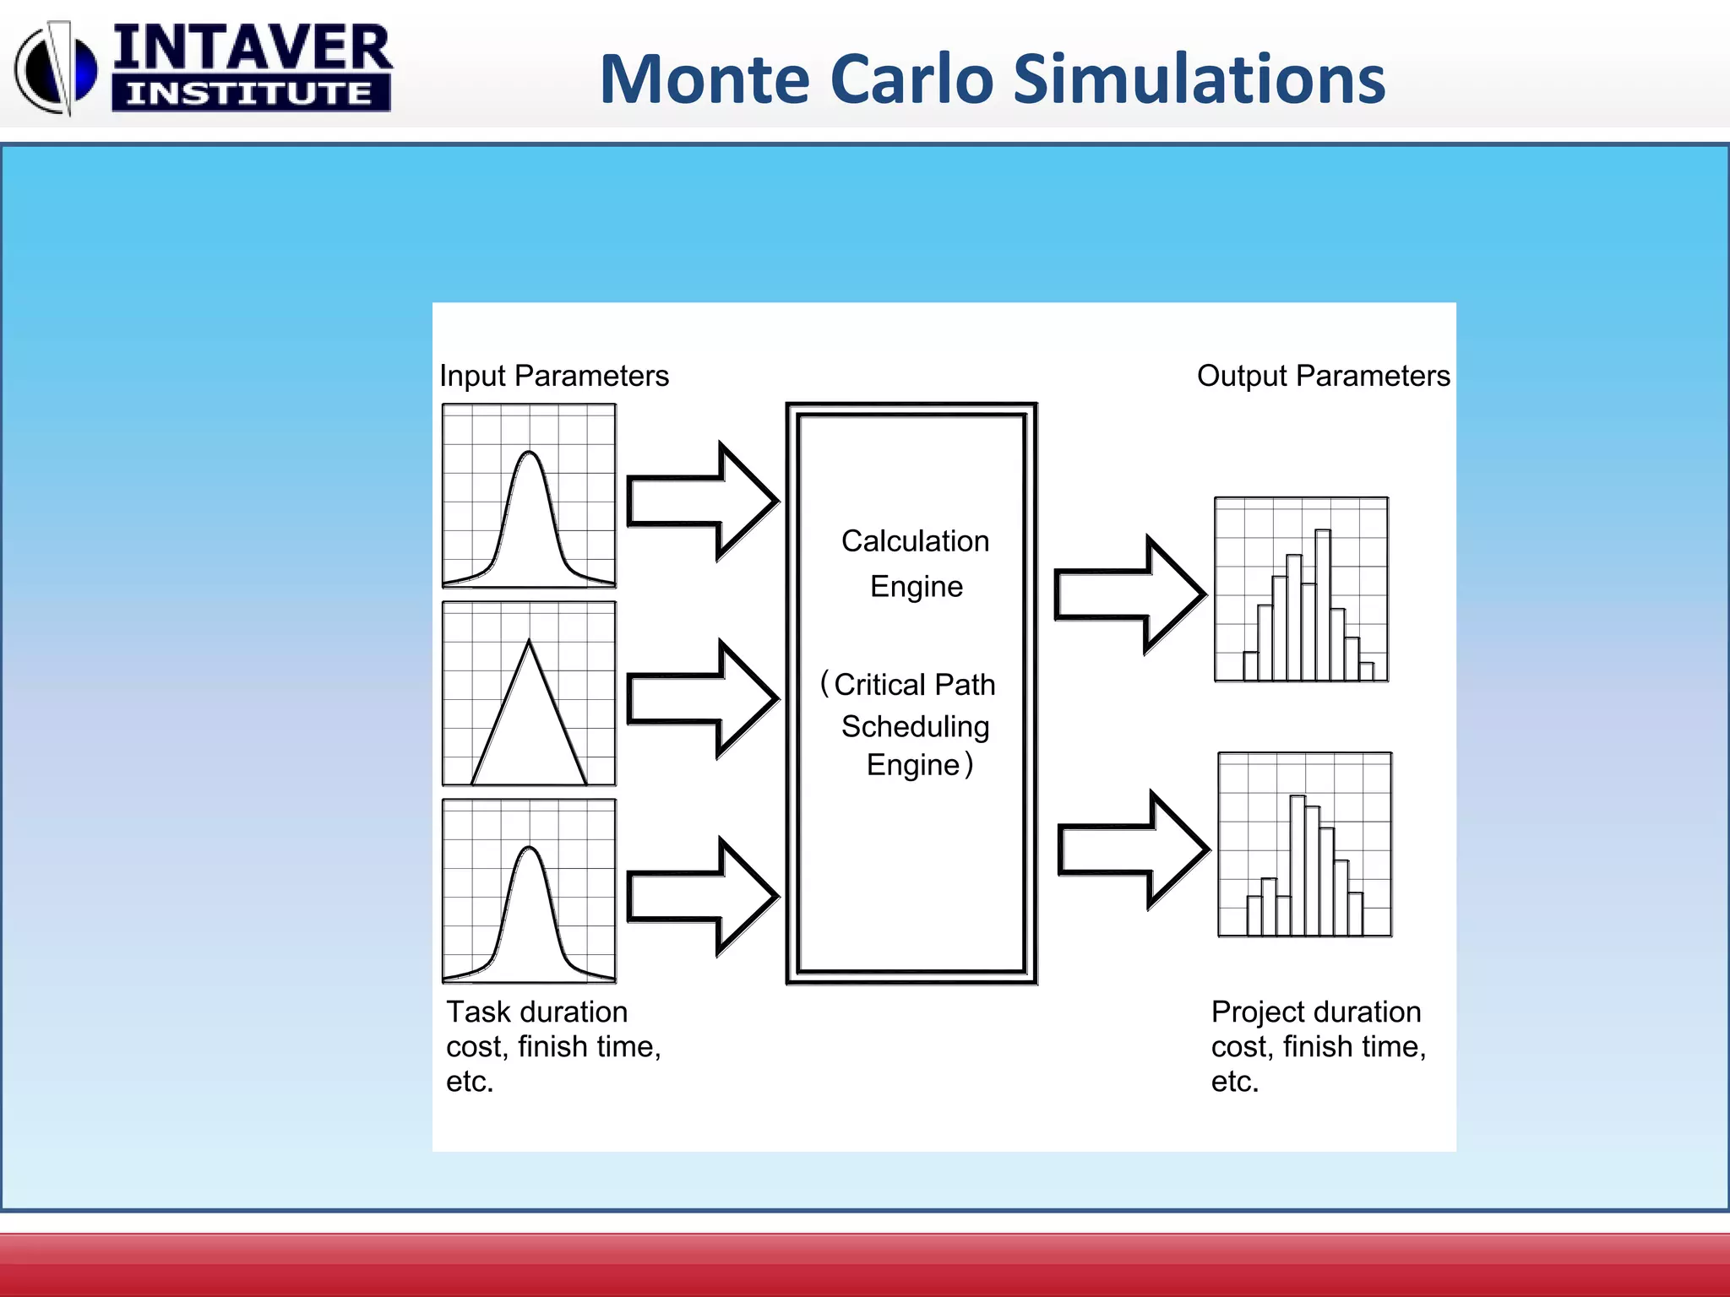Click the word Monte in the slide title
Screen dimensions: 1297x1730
[706, 79]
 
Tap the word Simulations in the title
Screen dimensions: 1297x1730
[1199, 79]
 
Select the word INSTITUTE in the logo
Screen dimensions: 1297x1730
[250, 93]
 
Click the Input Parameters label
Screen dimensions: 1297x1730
[554, 376]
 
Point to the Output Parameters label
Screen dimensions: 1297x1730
[1323, 376]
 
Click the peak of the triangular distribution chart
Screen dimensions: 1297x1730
[529, 643]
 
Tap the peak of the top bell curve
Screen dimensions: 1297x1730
[529, 454]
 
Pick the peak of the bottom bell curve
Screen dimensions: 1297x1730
[529, 849]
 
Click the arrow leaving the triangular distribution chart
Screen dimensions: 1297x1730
[701, 698]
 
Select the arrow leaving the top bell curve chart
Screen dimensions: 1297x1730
[701, 501]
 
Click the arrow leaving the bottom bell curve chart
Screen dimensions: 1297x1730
[701, 896]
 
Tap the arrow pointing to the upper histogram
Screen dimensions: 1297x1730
[1129, 594]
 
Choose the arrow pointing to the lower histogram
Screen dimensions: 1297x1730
[1133, 849]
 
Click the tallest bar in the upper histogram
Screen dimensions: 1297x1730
[1323, 604]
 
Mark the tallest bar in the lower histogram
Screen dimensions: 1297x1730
[1297, 865]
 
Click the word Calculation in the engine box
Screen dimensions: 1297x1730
[915, 541]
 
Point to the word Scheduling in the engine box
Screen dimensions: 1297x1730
[915, 726]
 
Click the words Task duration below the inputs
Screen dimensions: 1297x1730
[537, 1012]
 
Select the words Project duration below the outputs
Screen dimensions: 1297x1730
[1316, 1012]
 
